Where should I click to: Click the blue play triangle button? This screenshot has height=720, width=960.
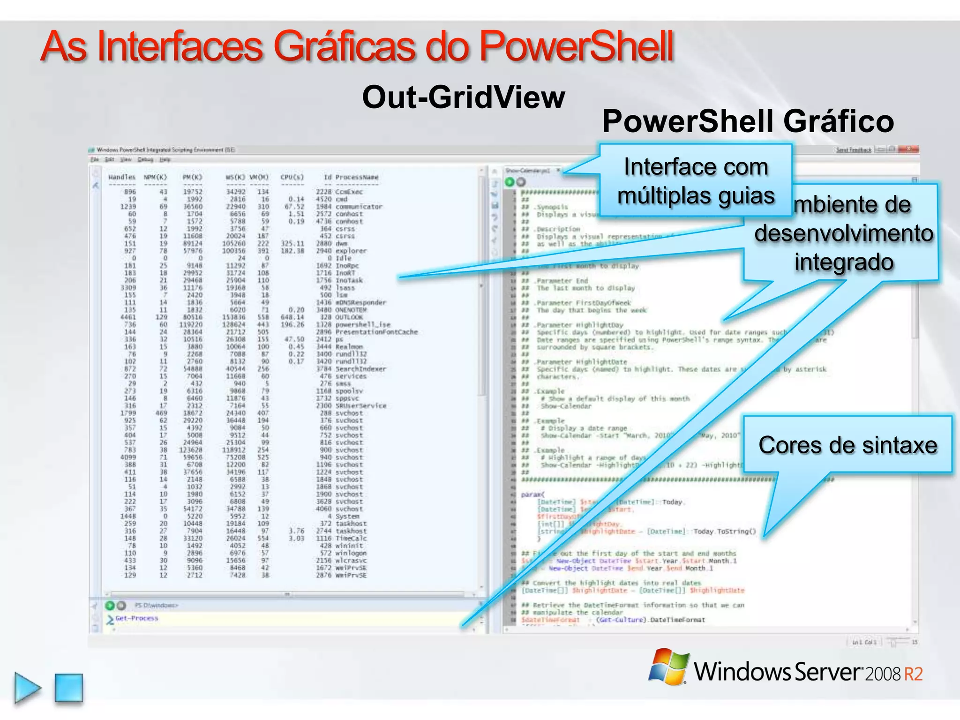(x=27, y=688)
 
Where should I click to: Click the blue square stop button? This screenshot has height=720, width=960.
(x=69, y=688)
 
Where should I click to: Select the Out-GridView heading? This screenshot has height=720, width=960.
(x=464, y=97)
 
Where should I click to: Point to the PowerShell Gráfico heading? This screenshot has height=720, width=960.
(x=748, y=121)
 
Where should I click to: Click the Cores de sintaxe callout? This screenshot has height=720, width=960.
(x=847, y=445)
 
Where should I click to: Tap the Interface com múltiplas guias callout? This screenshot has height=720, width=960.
(x=696, y=180)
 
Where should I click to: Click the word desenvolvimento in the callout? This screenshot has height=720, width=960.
(x=844, y=233)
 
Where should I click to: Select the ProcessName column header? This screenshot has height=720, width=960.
(x=357, y=177)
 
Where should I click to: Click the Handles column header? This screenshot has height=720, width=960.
(x=122, y=177)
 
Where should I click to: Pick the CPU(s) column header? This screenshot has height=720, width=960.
(x=292, y=177)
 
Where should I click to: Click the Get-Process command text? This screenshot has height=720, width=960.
(x=137, y=618)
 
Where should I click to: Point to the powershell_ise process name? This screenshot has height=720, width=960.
(x=363, y=324)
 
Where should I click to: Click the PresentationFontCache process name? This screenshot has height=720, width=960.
(x=376, y=332)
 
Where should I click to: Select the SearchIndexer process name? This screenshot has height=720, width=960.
(x=360, y=369)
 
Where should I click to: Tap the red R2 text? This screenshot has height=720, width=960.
(x=913, y=674)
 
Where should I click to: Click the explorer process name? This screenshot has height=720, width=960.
(x=351, y=251)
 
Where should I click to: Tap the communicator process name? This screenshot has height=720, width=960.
(x=359, y=207)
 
